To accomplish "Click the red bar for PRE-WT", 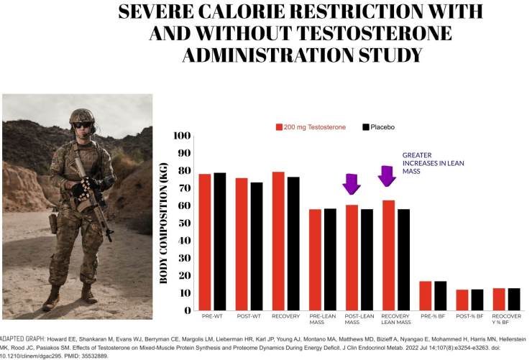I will pos(205,241).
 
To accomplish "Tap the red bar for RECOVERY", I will pos(278,241).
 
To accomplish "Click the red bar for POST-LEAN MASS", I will pos(352,257).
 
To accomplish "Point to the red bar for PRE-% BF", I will pos(425,295).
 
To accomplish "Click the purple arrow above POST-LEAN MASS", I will pos(351,184).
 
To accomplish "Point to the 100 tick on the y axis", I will pos(182,136).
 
